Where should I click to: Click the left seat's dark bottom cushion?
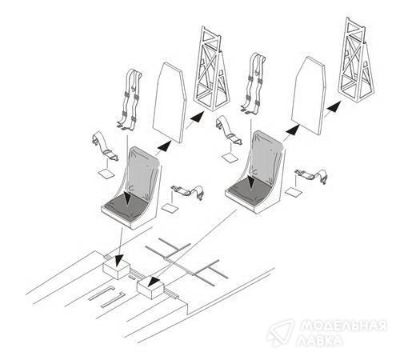(126, 206)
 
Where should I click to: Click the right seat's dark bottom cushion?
(249, 190)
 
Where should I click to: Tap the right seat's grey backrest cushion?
(266, 158)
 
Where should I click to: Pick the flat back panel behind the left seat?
(169, 103)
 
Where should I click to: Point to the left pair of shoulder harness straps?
(130, 100)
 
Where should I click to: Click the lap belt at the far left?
(105, 146)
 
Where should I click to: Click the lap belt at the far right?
(311, 175)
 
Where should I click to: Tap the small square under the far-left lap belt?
(106, 174)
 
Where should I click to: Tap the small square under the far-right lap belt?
(294, 192)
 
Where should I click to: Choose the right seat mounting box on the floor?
(150, 288)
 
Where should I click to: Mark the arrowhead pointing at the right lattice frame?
(334, 106)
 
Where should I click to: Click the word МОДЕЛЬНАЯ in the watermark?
(343, 325)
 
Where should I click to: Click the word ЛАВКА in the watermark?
(319, 340)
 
